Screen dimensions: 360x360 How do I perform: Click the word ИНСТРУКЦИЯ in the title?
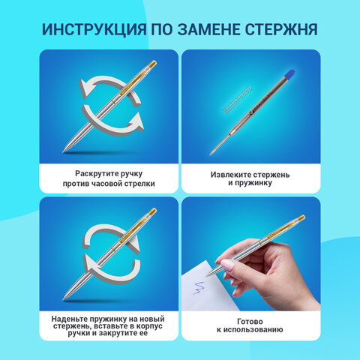94,29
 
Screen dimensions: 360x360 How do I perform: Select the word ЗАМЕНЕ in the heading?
207,29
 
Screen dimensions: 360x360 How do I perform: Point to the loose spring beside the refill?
237,100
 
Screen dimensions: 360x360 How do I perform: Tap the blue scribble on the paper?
199,288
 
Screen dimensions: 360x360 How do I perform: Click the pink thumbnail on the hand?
226,265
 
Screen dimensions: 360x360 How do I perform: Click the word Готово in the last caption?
250,321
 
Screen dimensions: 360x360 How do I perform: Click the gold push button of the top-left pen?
152,64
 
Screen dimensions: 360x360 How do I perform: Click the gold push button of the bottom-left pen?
152,211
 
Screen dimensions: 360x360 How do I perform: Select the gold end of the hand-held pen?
301,217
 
